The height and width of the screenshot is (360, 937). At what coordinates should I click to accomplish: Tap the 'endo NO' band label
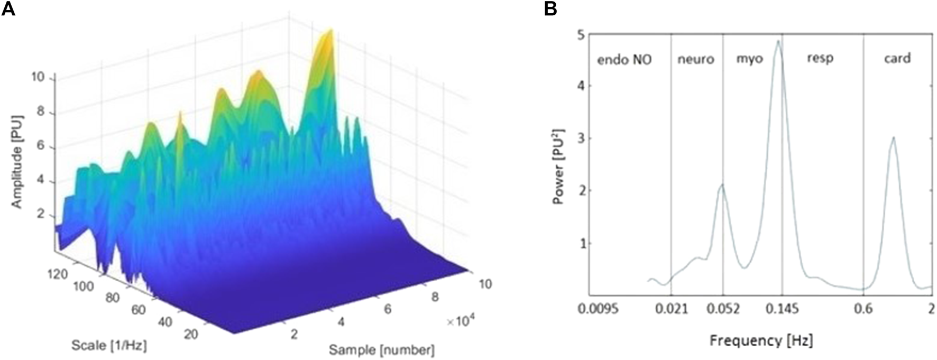tap(624, 60)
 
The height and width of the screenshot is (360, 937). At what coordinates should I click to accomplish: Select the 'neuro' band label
tap(695, 59)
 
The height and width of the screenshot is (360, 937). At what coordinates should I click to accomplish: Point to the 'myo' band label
tap(749, 59)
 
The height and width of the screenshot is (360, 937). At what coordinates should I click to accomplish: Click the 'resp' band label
tap(820, 58)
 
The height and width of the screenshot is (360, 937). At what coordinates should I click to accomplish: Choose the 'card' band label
tap(897, 58)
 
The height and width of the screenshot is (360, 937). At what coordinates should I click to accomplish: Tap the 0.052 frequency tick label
tap(723, 308)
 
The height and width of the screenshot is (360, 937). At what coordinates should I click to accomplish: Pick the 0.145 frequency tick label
tap(782, 308)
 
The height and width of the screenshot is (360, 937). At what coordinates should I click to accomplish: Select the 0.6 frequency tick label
tap(863, 308)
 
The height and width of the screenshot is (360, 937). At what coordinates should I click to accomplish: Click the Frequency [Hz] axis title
tap(761, 340)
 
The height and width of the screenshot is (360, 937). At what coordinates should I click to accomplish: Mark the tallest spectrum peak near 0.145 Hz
tap(778, 41)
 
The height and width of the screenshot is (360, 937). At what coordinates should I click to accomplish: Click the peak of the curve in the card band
tap(893, 138)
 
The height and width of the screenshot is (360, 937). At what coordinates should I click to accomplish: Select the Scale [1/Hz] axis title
tap(109, 345)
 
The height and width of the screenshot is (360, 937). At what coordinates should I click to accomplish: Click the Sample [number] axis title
tap(381, 349)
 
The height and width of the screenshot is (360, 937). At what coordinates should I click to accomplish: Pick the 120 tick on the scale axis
tap(58, 274)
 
